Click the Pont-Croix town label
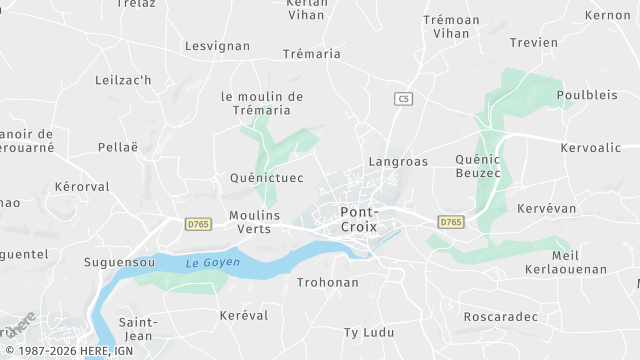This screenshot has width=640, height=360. coord(360,219)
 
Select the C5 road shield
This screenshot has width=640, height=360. coord(403,98)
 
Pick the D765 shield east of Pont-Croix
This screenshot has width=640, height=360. coord(451,222)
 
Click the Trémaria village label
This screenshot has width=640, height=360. coord(312,54)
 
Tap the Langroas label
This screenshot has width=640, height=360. coord(398,161)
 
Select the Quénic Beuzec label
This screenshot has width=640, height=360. coord(477,166)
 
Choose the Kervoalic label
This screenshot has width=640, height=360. coord(591,148)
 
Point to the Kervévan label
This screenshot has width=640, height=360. coord(548,208)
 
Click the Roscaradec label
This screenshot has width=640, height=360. coord(501,317)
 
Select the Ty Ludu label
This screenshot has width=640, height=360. coord(369,332)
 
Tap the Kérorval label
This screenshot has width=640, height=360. coord(82,187)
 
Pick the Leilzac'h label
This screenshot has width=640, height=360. coord(122,80)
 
